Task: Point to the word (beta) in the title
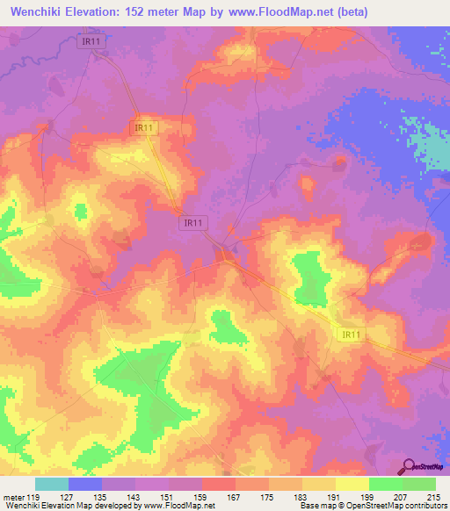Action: tap(349, 12)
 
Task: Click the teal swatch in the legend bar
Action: tap(52, 484)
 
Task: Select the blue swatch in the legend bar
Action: tap(85, 484)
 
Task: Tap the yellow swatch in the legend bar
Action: tap(352, 484)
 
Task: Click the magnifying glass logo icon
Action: tap(408, 466)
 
